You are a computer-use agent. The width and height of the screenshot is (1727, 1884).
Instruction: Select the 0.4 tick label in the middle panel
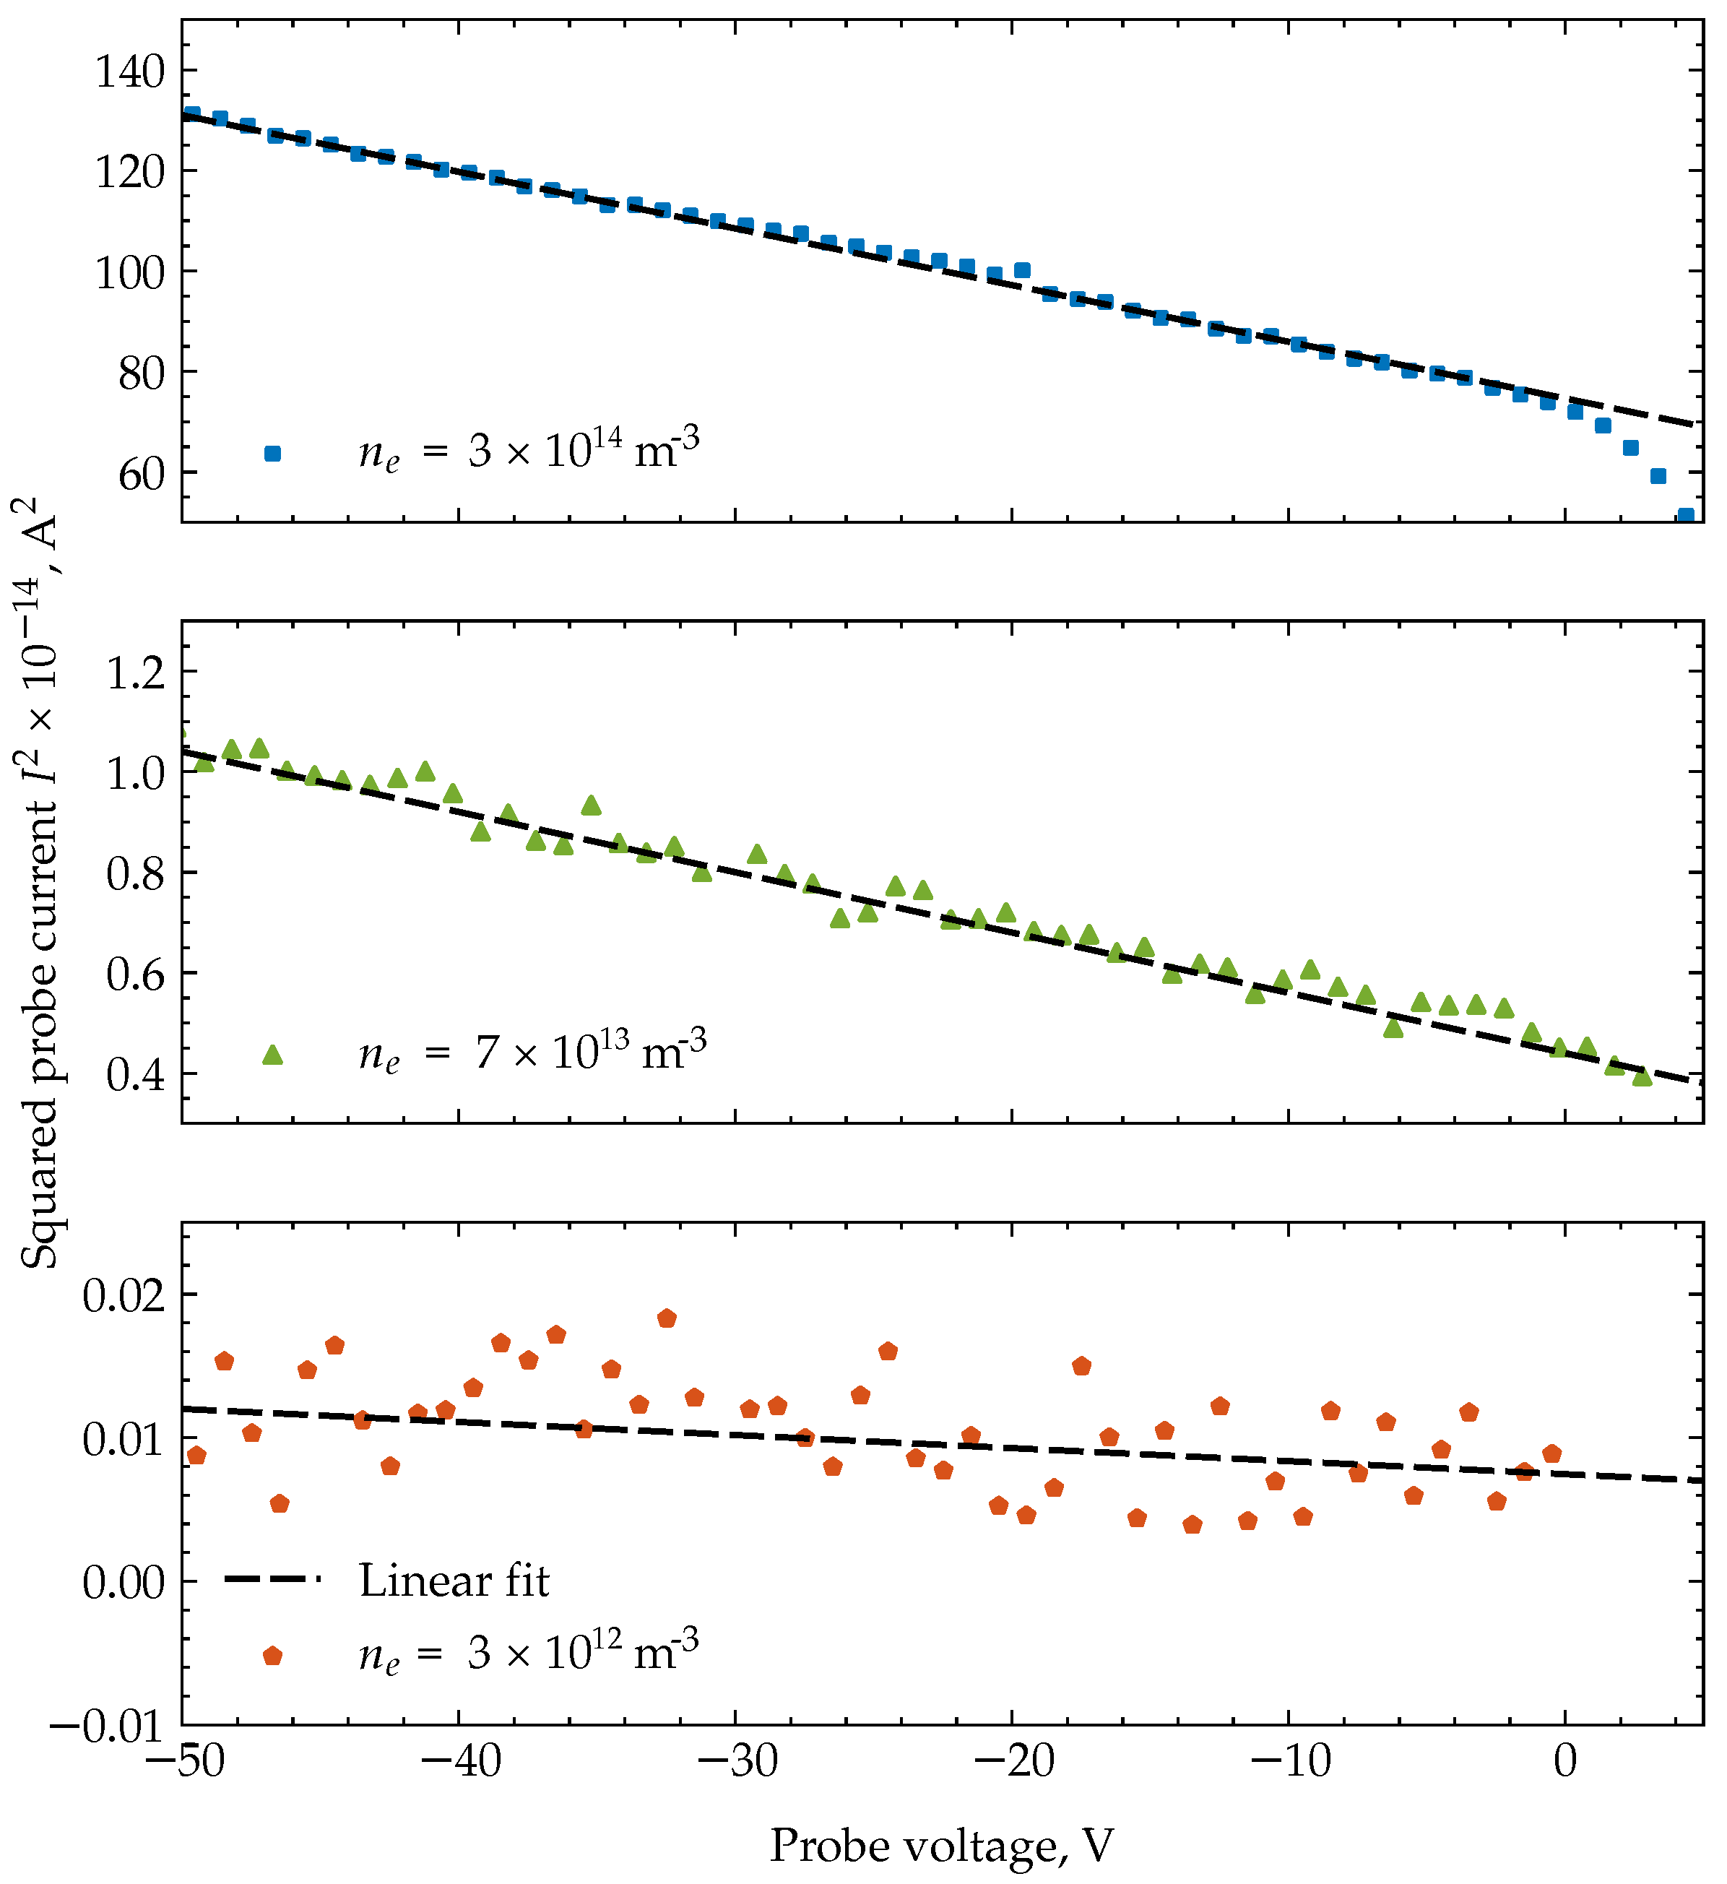click(x=136, y=1076)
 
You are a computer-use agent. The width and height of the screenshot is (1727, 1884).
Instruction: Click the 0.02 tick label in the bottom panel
click(x=124, y=1297)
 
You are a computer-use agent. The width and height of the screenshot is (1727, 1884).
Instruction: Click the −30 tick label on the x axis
click(x=737, y=1762)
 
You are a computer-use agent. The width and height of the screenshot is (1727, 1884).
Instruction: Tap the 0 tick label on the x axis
click(x=1565, y=1762)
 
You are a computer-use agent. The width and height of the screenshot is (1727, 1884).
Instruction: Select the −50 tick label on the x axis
click(x=183, y=1762)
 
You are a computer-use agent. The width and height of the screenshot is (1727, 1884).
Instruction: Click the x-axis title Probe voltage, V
click(x=942, y=1846)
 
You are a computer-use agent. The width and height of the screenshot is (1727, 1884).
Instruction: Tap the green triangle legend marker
click(x=273, y=1055)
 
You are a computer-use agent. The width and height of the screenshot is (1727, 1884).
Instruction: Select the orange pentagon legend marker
click(x=273, y=1656)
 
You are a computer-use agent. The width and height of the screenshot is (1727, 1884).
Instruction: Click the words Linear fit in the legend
click(x=454, y=1581)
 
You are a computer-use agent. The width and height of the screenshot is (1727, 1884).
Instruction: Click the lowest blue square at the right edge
click(x=1686, y=516)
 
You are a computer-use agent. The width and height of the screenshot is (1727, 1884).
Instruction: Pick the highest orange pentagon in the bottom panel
click(x=667, y=1318)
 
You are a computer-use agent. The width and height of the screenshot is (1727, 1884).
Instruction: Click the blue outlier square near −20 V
click(x=1022, y=270)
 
